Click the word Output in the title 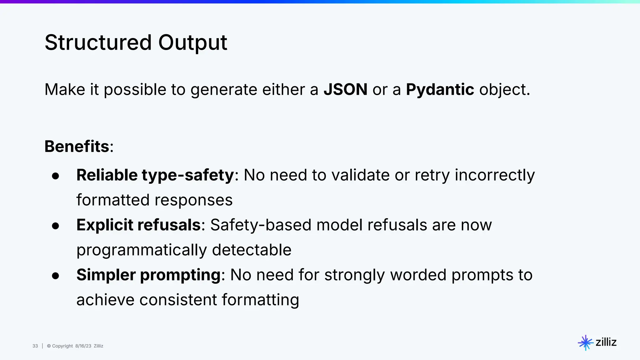tap(192, 42)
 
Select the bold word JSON tap(345, 90)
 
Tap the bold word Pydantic tap(440, 90)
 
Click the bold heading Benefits tap(77, 146)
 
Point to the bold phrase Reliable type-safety tap(155, 175)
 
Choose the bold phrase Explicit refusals tap(138, 225)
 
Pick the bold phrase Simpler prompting tap(149, 275)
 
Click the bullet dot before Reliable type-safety tap(56, 176)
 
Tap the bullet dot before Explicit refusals tap(56, 226)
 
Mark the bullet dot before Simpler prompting tap(56, 276)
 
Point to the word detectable tap(252, 250)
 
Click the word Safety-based tap(261, 225)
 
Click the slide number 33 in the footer tap(35, 346)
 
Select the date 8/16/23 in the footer tap(83, 346)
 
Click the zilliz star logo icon tap(585, 342)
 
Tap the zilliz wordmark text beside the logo tap(606, 342)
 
